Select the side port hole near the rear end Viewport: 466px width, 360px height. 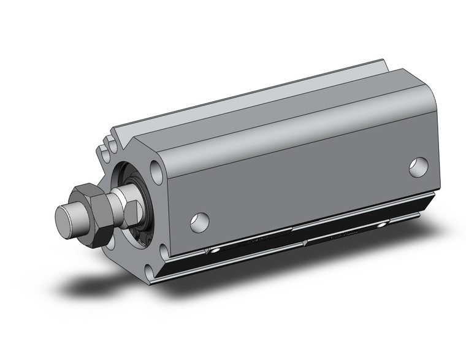point(419,166)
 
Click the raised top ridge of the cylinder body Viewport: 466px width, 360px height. point(258,92)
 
